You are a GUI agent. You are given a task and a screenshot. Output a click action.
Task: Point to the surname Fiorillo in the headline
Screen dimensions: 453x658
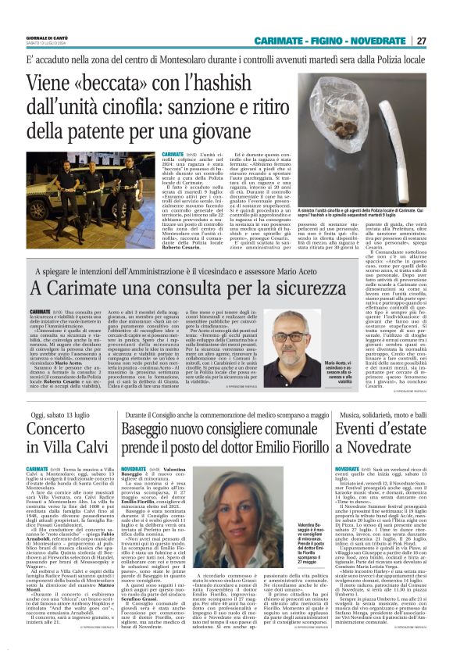306,448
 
